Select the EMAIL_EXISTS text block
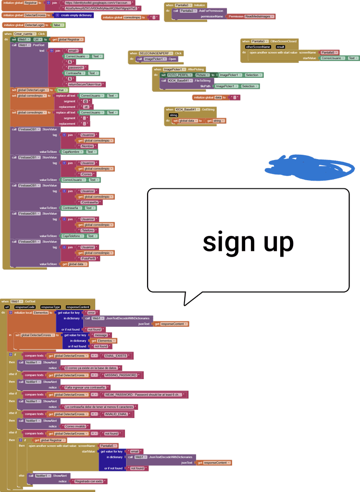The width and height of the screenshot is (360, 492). tap(116, 356)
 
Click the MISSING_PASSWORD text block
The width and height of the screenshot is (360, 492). tap(121, 375)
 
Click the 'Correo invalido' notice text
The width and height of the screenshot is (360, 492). tap(76, 426)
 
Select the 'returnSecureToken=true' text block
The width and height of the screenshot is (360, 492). tap(87, 84)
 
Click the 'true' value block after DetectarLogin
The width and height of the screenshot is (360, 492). tap(62, 90)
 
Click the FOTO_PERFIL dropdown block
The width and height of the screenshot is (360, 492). tap(178, 75)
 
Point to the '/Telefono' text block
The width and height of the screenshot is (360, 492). tap(88, 230)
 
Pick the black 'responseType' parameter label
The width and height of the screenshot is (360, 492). tap(50, 307)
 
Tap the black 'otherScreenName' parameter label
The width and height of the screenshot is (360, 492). tap(258, 47)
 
